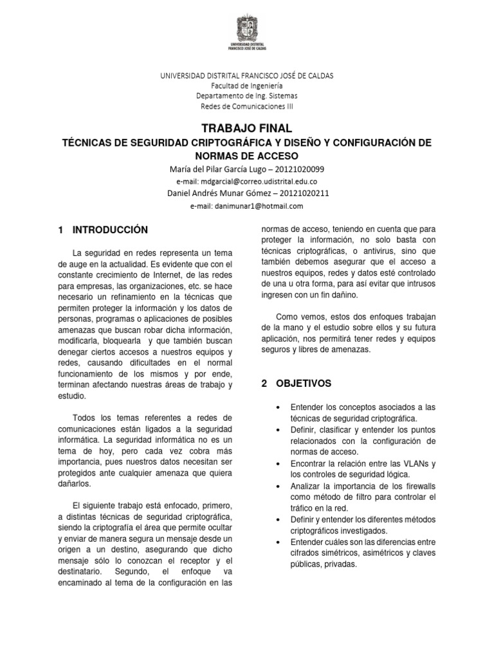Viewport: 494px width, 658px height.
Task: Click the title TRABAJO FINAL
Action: pos(246,129)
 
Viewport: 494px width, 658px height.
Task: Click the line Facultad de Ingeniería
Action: pos(246,85)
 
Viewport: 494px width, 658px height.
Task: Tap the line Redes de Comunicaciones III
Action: pos(246,106)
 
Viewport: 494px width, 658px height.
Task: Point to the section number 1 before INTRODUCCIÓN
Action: pos(60,229)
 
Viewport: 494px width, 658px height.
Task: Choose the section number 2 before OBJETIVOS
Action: pos(264,384)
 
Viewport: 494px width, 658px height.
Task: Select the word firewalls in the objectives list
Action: pos(417,486)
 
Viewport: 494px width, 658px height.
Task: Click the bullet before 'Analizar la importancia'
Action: pos(277,486)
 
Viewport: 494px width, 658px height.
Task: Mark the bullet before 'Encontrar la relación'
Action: pos(277,464)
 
